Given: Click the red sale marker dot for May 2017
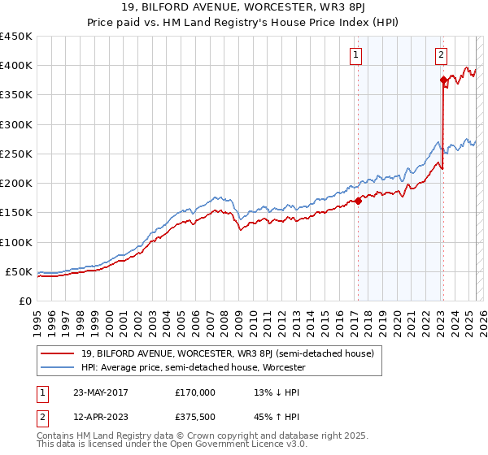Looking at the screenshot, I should [358, 201].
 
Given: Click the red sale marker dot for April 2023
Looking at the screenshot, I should [443, 80].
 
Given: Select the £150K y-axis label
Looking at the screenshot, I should [16, 213].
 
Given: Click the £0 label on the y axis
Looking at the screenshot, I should [25, 301].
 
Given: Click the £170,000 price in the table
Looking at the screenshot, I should [195, 392].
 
